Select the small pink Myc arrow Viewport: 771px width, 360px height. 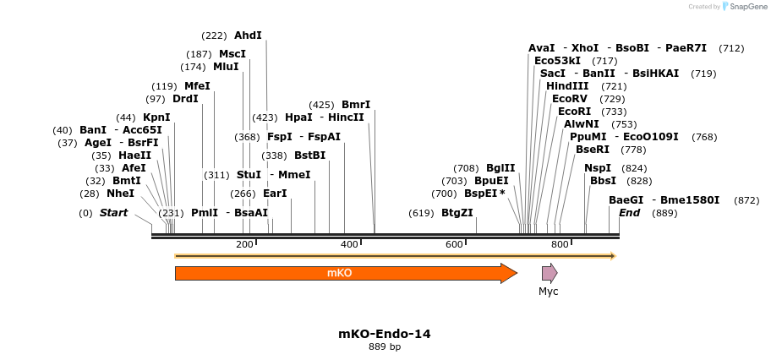click(x=550, y=273)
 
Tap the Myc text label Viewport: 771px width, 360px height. click(x=549, y=292)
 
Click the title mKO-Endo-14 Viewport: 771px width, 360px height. click(x=385, y=334)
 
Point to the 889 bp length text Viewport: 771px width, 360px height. click(x=385, y=347)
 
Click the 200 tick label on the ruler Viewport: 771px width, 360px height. click(x=244, y=244)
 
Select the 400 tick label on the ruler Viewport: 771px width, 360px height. click(x=349, y=244)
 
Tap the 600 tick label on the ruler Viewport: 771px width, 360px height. click(x=454, y=244)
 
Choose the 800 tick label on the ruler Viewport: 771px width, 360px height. click(x=559, y=244)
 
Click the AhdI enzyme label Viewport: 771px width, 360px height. click(x=248, y=35)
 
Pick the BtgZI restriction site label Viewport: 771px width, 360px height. click(x=457, y=213)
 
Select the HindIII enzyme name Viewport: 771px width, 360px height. click(x=567, y=86)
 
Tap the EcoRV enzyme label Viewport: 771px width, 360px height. click(x=570, y=99)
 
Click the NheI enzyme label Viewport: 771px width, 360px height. click(x=120, y=194)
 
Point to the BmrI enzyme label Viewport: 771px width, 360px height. click(x=356, y=105)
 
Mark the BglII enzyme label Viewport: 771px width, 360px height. click(x=500, y=168)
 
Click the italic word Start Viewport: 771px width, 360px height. click(x=113, y=213)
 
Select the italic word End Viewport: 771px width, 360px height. click(x=629, y=213)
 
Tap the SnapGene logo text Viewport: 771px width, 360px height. click(x=744, y=7)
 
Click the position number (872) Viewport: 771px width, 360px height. click(x=746, y=200)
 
